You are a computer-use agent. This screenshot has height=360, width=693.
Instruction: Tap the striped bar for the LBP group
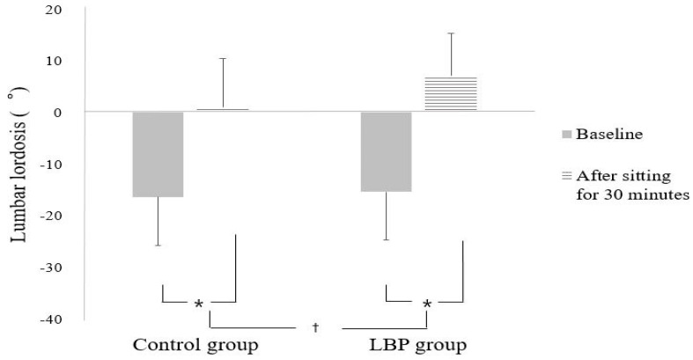(x=451, y=93)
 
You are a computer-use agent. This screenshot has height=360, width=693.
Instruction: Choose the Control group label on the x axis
(x=196, y=343)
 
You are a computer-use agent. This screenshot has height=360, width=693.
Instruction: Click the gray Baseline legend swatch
(x=567, y=136)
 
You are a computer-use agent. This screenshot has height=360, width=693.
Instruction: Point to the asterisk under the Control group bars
(x=199, y=305)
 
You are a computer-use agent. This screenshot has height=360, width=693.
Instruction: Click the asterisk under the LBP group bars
(x=427, y=305)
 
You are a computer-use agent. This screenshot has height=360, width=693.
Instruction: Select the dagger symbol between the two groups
(x=314, y=327)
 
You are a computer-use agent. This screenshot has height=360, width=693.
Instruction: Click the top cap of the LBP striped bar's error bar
(x=451, y=33)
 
